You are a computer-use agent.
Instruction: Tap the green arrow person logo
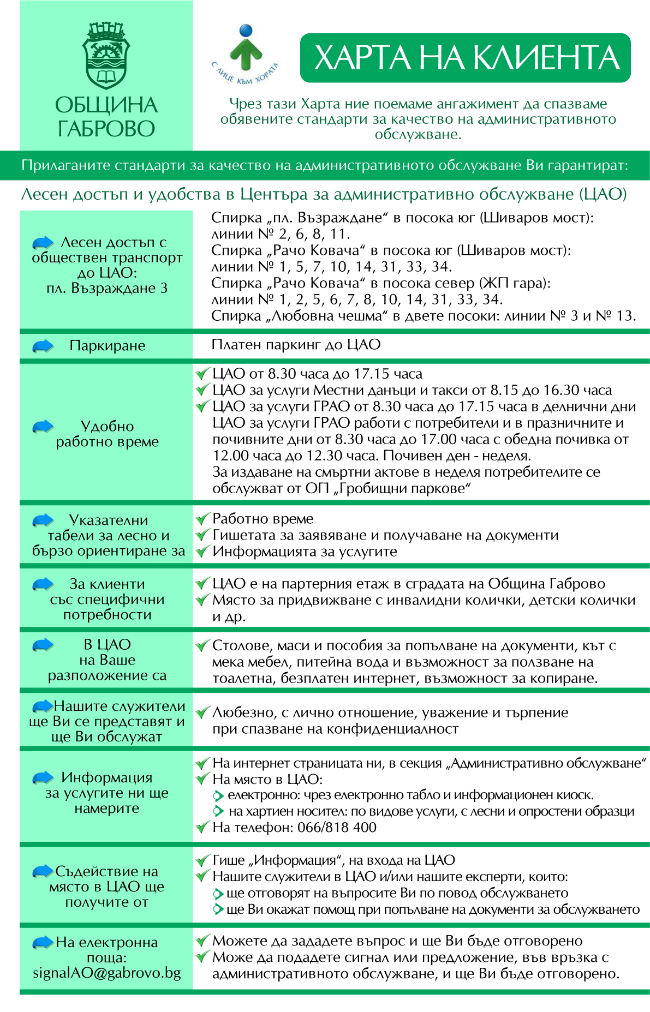246,49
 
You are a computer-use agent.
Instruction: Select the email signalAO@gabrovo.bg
107,973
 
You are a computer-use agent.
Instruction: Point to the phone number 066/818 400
337,827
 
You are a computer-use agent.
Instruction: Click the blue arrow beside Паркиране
43,346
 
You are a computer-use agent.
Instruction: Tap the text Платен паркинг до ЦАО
296,344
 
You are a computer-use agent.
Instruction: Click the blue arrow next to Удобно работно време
43,427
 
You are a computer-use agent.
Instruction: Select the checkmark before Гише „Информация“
203,860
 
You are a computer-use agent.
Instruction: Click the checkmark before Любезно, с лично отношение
203,712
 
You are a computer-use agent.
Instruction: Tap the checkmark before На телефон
203,827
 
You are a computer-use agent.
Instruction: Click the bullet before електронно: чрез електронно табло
218,795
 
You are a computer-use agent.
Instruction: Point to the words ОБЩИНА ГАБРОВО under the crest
106,117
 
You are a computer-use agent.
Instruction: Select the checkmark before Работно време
203,518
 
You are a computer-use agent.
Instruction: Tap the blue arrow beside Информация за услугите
43,777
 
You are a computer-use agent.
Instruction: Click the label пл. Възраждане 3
107,288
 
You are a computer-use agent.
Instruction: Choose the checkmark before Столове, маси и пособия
203,645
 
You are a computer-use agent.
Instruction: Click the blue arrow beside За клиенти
43,584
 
